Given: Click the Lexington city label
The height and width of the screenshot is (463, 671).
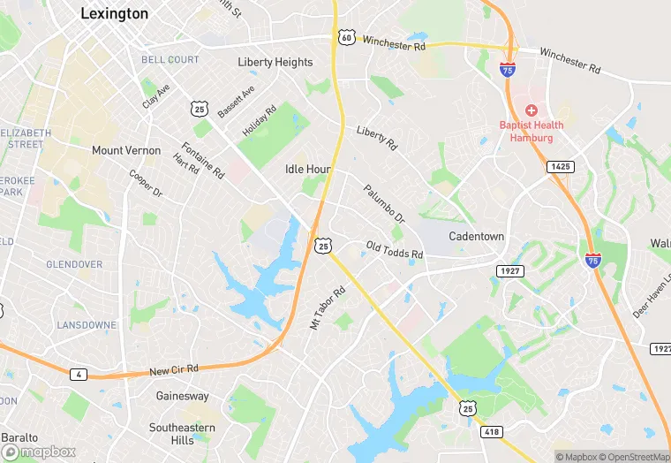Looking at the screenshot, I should pos(114,13).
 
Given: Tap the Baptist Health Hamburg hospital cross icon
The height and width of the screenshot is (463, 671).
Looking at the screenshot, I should pos(531,110).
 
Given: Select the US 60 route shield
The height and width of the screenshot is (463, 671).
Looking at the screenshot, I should pos(345,37).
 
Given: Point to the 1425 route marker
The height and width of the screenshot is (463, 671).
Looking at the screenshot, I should pos(560,166).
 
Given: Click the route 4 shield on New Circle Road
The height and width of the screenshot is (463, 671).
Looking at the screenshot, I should pos(79,375).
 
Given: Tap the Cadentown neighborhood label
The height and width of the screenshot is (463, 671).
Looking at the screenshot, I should pos(476,237).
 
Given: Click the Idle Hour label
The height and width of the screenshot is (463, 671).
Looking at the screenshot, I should pos(308,169).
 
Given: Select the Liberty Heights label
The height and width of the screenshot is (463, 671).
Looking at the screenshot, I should pos(275,62).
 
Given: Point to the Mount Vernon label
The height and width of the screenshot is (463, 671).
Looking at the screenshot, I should pos(126,150).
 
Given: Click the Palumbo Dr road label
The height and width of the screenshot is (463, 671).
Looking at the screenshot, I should pos(383,203).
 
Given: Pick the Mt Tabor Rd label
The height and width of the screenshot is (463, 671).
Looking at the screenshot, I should pos(327,307).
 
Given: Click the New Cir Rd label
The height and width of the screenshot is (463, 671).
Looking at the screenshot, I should pos(174,369).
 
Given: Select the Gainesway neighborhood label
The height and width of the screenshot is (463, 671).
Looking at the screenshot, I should pos(183,397).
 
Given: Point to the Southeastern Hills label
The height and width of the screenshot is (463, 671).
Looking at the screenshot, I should pos(183,434).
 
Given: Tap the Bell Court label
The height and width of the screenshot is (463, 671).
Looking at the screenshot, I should pos(170,59).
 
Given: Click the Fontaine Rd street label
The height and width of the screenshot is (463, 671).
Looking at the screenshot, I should pos(202,160).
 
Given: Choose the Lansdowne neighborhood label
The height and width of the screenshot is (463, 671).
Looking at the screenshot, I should pos(87,325).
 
